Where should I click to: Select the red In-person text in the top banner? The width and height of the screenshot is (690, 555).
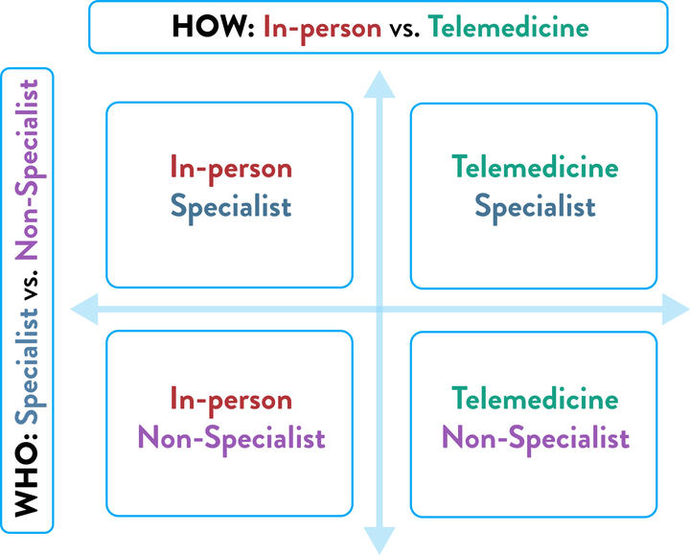pyautogui.click(x=322, y=28)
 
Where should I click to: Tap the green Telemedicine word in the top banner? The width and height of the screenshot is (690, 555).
pyautogui.click(x=508, y=27)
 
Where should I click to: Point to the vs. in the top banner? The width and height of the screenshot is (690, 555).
pyautogui.click(x=404, y=30)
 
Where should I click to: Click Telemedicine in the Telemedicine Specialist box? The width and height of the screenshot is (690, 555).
pyautogui.click(x=535, y=167)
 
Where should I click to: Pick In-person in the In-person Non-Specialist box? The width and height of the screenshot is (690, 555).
pyautogui.click(x=231, y=401)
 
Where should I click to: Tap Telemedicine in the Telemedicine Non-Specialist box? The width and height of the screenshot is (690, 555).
pyautogui.click(x=535, y=398)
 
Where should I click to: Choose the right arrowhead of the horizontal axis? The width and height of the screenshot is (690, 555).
pyautogui.click(x=676, y=310)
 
